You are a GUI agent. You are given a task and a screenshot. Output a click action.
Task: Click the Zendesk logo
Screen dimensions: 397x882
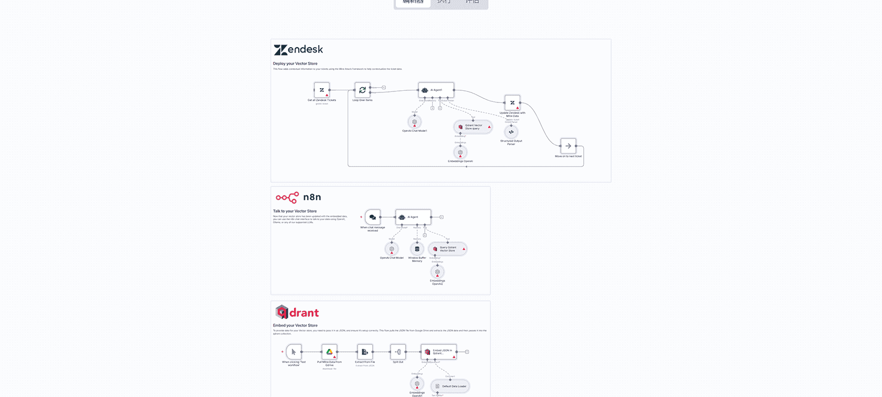click(x=298, y=50)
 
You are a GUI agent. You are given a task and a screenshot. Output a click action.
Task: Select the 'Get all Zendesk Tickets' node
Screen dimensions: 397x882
click(x=322, y=90)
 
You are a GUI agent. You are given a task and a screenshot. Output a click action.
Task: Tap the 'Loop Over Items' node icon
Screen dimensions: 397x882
click(x=362, y=90)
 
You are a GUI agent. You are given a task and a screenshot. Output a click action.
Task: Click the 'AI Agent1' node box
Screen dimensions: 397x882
click(x=436, y=90)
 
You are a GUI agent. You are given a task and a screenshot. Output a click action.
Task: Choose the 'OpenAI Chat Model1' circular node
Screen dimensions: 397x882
click(x=415, y=122)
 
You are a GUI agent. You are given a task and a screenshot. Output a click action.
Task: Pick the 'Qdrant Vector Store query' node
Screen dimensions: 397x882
click(x=473, y=127)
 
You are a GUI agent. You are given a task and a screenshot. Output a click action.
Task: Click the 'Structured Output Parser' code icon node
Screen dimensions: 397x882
click(x=511, y=132)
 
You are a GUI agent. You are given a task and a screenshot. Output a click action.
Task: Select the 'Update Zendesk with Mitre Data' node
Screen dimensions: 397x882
click(x=512, y=103)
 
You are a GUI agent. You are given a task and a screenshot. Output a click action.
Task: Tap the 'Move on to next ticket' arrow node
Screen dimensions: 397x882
click(x=568, y=146)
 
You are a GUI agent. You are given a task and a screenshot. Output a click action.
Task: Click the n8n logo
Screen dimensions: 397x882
click(x=298, y=197)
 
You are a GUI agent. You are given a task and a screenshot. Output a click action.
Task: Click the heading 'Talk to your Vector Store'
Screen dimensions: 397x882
click(x=295, y=211)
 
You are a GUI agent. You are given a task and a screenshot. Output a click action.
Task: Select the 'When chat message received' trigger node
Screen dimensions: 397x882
click(x=372, y=217)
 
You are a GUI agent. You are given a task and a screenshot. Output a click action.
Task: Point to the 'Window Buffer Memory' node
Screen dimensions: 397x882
click(x=417, y=249)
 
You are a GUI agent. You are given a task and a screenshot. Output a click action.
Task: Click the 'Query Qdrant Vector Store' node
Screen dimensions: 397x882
click(x=447, y=249)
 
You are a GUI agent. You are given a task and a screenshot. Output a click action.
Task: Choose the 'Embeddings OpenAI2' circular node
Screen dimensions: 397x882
click(x=437, y=272)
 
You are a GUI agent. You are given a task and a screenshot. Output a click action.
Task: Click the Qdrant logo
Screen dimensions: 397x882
click(x=297, y=312)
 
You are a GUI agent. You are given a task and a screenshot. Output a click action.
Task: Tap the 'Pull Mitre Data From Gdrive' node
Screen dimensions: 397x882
click(x=329, y=352)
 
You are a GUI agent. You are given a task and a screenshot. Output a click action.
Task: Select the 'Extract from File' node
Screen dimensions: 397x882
click(x=365, y=352)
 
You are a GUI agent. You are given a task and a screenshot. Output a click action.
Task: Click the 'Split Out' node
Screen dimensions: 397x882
click(x=398, y=352)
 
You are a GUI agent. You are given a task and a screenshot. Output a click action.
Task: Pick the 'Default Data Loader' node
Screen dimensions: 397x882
click(x=450, y=386)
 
